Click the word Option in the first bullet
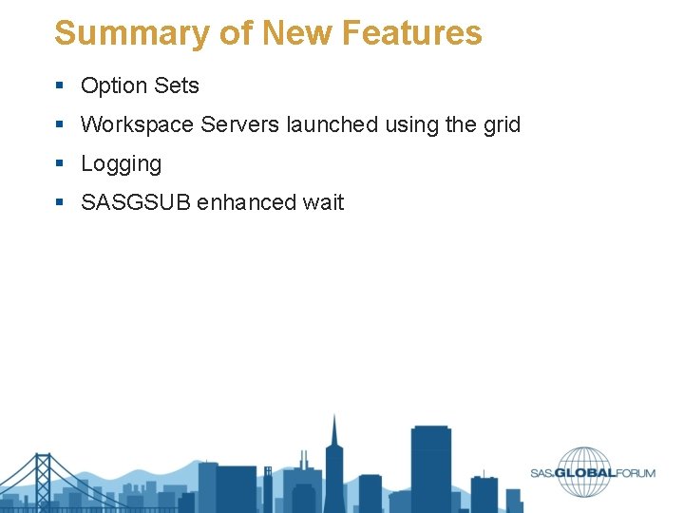(112, 85)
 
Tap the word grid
(501, 124)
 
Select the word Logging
(121, 164)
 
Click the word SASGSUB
(135, 202)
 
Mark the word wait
(324, 202)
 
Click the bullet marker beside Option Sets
(60, 86)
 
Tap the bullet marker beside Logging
(60, 164)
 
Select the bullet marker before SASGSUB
(60, 203)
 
